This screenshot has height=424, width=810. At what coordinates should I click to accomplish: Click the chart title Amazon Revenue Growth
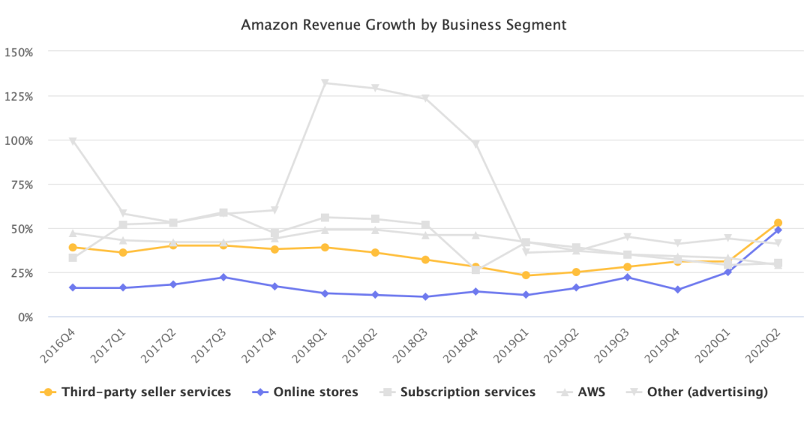tap(403, 26)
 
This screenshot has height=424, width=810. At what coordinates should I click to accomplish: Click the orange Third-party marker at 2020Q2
tap(778, 223)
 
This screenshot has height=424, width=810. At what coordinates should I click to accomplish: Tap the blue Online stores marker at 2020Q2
tap(778, 230)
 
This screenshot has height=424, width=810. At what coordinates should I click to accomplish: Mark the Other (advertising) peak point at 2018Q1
tap(325, 83)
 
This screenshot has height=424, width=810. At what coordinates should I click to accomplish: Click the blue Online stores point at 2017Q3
tap(223, 277)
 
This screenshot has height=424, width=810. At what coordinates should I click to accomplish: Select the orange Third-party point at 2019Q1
tap(526, 275)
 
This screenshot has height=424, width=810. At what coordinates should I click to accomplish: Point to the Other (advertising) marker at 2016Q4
tap(73, 141)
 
